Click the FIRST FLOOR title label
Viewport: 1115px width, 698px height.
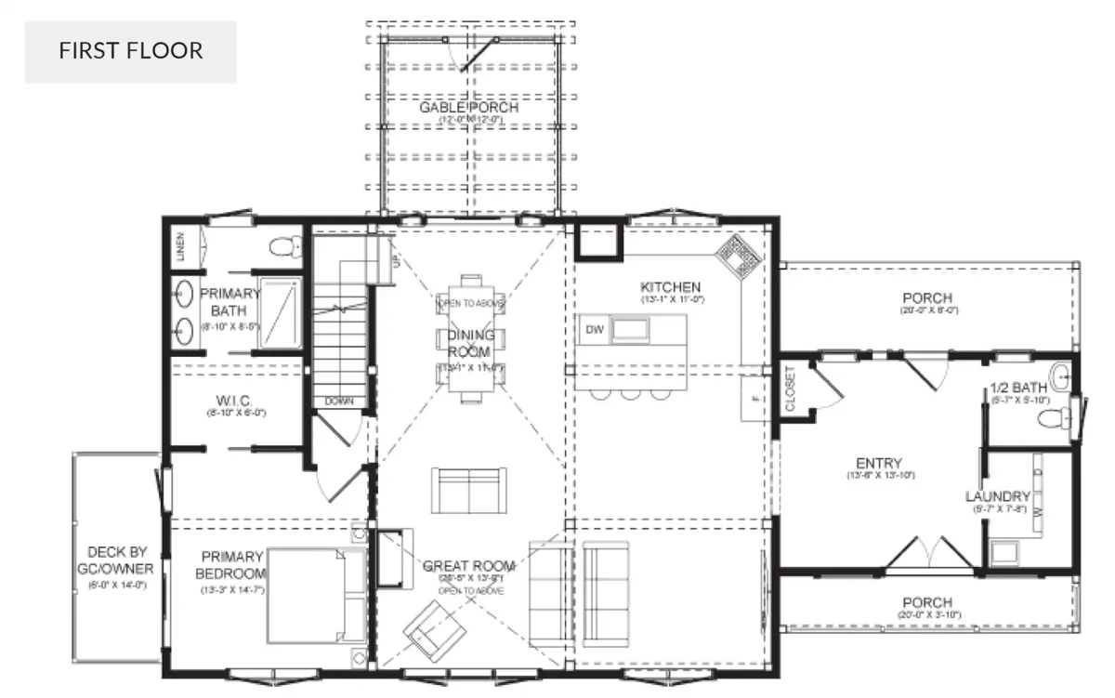pyautogui.click(x=130, y=50)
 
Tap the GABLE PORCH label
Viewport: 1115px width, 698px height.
pyautogui.click(x=467, y=108)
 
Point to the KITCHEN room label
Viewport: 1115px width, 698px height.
pyautogui.click(x=670, y=287)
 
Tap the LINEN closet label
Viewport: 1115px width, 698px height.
pyautogui.click(x=180, y=247)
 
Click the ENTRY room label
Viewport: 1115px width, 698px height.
pyautogui.click(x=879, y=464)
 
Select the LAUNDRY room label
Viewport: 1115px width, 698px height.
pyautogui.click(x=997, y=496)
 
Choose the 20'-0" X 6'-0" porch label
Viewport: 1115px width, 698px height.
pyautogui.click(x=926, y=298)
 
